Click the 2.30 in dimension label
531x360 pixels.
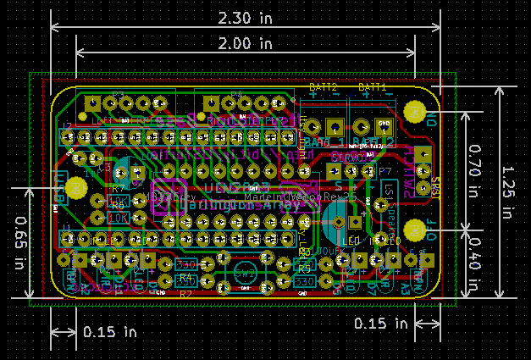coord(245,17)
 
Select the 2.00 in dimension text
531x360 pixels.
coord(245,42)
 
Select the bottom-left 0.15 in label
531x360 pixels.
coord(110,332)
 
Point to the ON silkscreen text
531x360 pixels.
coord(431,119)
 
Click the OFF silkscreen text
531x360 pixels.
coord(430,230)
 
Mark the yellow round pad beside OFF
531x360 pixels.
coord(414,230)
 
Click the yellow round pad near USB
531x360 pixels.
coord(76,187)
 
